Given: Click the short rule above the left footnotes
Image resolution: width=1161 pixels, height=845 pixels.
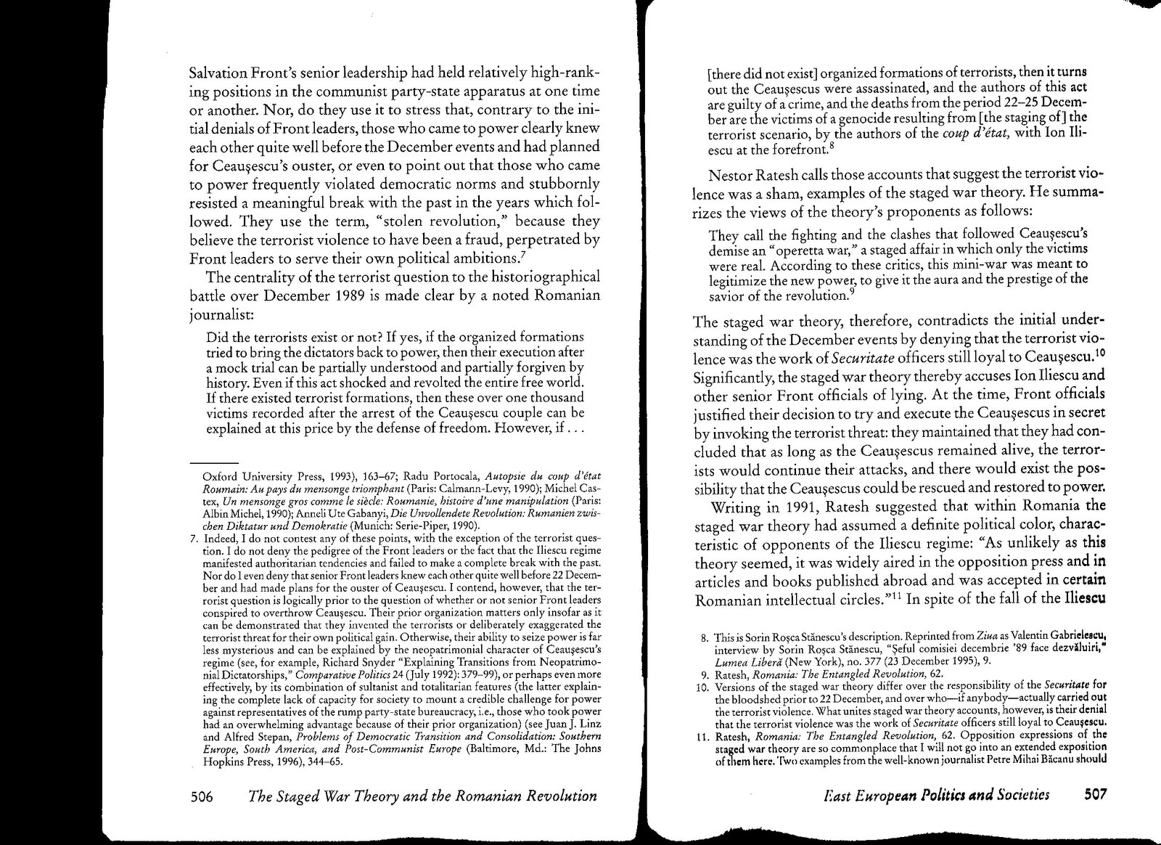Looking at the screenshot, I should [x=215, y=464].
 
